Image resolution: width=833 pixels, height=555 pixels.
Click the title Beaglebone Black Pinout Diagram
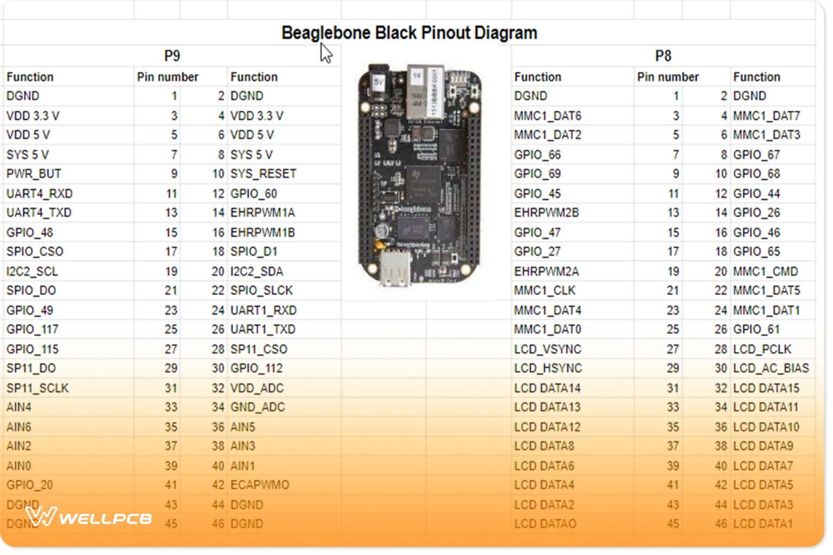coord(409,33)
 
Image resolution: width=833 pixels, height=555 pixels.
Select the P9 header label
coord(172,56)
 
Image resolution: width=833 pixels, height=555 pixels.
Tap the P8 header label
coord(663,56)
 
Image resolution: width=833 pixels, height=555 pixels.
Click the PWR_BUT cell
coord(34,174)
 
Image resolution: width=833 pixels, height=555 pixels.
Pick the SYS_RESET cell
coord(263,174)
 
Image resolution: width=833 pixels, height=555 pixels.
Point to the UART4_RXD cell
coord(39,193)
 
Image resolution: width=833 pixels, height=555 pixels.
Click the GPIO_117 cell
coord(32,330)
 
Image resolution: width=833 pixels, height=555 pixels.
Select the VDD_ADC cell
coord(257,388)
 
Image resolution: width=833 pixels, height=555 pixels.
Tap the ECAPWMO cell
coord(260,485)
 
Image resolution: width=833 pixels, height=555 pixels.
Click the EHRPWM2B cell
coord(546,212)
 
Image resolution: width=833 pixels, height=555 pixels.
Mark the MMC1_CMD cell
coord(765,271)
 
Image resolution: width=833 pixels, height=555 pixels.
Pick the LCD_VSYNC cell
coord(547,349)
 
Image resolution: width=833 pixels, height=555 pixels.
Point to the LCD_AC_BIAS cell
coord(771,369)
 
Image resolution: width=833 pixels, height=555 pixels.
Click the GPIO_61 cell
coord(756,330)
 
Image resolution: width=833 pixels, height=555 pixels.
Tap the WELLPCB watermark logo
coord(89,517)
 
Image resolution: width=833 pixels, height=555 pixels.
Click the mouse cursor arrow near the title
coord(325,53)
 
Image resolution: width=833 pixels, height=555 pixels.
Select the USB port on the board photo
coord(395,268)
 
